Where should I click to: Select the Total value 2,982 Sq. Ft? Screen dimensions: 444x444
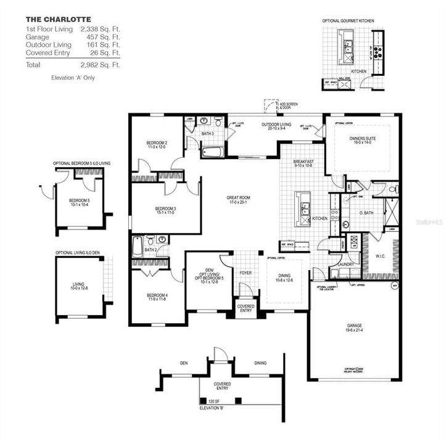pos(101,64)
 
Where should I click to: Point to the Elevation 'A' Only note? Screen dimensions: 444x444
pos(73,78)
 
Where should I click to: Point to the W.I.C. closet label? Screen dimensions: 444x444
pos(380,254)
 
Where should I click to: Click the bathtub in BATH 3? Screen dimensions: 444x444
pos(213,151)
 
